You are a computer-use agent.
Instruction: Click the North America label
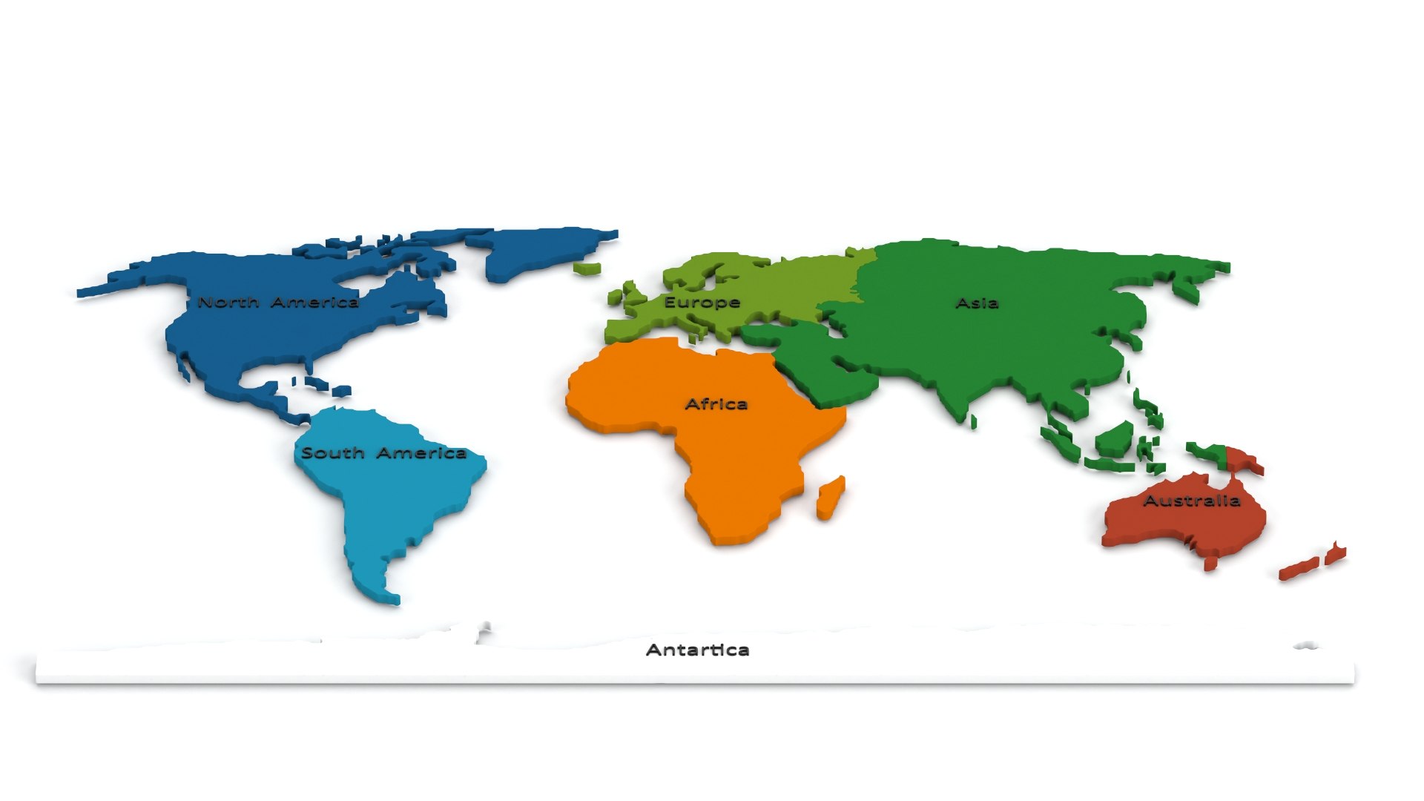tap(278, 303)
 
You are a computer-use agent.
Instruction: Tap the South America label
tap(383, 453)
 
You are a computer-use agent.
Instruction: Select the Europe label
tap(702, 303)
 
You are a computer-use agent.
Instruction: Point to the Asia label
tap(977, 303)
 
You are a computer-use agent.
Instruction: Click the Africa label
tap(716, 404)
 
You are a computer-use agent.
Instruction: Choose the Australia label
tap(1191, 501)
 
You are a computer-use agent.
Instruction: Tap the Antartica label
tap(697, 650)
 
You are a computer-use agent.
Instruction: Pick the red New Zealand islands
tap(1311, 562)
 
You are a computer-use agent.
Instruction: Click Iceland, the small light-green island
tap(587, 267)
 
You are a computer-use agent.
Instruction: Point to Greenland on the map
tap(541, 248)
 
